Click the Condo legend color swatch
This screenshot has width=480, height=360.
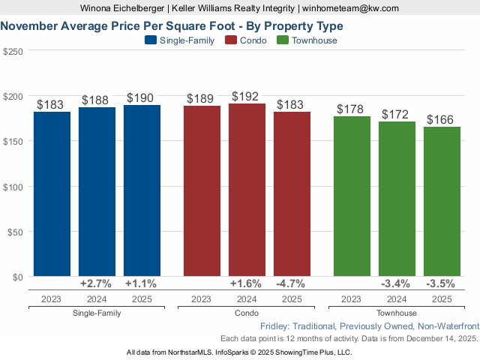click(232, 40)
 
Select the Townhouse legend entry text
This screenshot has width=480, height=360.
click(314, 40)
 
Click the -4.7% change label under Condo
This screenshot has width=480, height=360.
click(292, 283)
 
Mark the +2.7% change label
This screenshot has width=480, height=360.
click(96, 283)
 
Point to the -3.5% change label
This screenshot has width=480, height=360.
click(442, 283)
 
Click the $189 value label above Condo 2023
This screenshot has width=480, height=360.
click(202, 97)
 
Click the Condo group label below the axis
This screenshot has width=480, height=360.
click(247, 313)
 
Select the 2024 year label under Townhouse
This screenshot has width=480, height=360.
click(397, 299)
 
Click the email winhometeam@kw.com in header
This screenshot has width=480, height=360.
click(351, 7)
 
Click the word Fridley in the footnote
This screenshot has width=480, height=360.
click(276, 327)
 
